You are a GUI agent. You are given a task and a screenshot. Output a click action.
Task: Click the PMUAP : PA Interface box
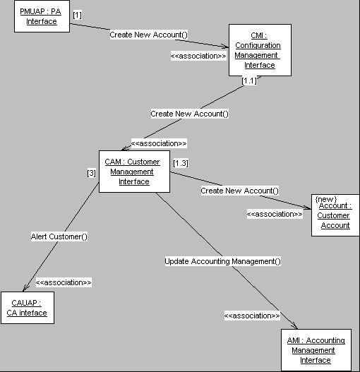pos(42,16)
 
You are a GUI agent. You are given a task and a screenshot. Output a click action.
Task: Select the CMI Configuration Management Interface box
pos(260,50)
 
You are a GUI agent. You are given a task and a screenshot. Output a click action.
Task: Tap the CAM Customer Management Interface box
pos(134,172)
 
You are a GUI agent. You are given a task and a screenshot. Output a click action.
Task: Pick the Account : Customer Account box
pos(335,215)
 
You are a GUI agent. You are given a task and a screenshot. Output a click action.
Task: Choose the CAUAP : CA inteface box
pos(28,308)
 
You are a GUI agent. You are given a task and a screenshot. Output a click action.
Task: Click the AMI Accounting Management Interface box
pos(316,350)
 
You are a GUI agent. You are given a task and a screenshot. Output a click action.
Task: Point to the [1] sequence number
pos(78,16)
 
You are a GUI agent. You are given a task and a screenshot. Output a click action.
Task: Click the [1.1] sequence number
pos(249,80)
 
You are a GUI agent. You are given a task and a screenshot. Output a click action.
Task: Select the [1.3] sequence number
pos(181,163)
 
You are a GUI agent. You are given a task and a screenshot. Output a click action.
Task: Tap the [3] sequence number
pos(91,173)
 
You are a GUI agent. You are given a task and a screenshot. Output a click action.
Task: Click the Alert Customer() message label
pos(59,236)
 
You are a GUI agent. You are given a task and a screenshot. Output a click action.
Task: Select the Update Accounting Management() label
pos(222,261)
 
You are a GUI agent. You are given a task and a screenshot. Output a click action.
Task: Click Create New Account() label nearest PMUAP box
pos(148,35)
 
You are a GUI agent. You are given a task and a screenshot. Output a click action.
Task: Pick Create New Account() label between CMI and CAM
pos(190,114)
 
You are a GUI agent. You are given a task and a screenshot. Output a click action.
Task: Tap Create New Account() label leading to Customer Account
pos(240,191)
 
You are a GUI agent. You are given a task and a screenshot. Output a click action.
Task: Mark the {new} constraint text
pos(326,199)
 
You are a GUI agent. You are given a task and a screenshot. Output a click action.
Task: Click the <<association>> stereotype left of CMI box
pos(198,56)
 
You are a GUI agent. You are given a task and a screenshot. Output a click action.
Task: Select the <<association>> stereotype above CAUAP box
pos(64,282)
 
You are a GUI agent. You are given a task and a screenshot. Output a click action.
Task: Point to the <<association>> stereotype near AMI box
pos(252,316)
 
